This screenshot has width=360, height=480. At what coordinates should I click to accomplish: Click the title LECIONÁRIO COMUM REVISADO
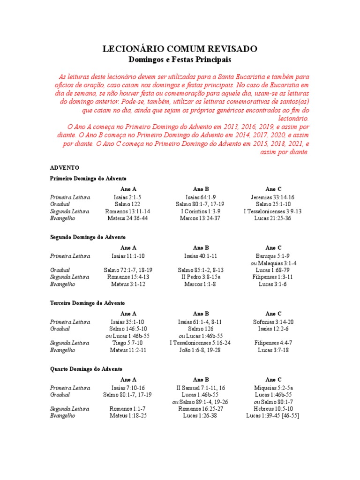tap(180, 49)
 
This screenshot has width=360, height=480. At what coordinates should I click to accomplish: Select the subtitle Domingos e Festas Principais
tap(180, 60)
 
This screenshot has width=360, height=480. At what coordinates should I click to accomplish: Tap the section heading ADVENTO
tap(65, 167)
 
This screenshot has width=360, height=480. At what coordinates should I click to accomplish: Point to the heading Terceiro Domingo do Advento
tap(87, 303)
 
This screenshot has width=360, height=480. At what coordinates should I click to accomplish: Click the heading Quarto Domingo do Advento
tap(86, 369)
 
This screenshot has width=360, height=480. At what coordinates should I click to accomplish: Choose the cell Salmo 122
tap(128, 204)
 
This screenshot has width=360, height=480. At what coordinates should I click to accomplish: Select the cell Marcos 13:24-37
tap(200, 218)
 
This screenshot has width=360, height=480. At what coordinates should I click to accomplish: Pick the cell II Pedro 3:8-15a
tap(200, 277)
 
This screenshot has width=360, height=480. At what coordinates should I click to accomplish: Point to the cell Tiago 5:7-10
tap(128, 343)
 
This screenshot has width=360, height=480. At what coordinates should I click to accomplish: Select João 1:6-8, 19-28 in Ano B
tap(200, 350)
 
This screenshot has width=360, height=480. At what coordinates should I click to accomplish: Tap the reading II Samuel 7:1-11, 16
tap(200, 388)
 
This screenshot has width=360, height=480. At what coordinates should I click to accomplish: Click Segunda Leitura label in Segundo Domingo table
tap(70, 277)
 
